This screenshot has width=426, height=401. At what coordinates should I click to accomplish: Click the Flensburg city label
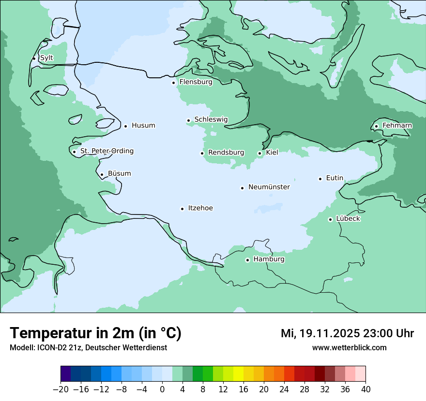pos(196,82)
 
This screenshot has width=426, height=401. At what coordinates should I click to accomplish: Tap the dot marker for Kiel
pos(260,153)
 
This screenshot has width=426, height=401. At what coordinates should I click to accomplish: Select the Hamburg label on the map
pos(269,259)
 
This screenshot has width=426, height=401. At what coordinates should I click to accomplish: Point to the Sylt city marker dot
pos(34,58)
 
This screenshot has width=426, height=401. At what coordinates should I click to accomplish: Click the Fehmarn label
pos(397,126)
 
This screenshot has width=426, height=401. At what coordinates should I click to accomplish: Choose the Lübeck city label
pos(348,219)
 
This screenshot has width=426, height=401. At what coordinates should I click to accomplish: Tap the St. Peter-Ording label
pos(106,151)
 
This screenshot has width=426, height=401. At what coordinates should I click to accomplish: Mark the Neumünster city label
pos(269,187)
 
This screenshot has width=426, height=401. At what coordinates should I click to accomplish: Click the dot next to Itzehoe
pos(183,209)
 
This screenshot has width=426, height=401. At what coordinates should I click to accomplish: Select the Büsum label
pos(119,173)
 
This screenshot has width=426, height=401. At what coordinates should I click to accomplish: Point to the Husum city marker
pos(125,126)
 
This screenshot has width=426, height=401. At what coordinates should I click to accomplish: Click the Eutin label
pos(335,178)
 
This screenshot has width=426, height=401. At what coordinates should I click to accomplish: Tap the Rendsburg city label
pos(226,153)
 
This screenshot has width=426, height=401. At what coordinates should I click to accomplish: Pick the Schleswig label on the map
pos(211,120)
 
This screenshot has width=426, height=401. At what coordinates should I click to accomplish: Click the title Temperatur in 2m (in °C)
pos(95,333)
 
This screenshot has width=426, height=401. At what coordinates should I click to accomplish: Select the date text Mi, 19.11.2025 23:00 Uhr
pos(347,333)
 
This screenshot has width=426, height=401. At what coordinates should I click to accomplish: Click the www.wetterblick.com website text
pos(349,348)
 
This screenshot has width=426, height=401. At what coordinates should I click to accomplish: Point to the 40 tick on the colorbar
pos(365,389)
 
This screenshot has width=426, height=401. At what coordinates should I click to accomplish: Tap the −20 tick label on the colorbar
pos(61,389)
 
